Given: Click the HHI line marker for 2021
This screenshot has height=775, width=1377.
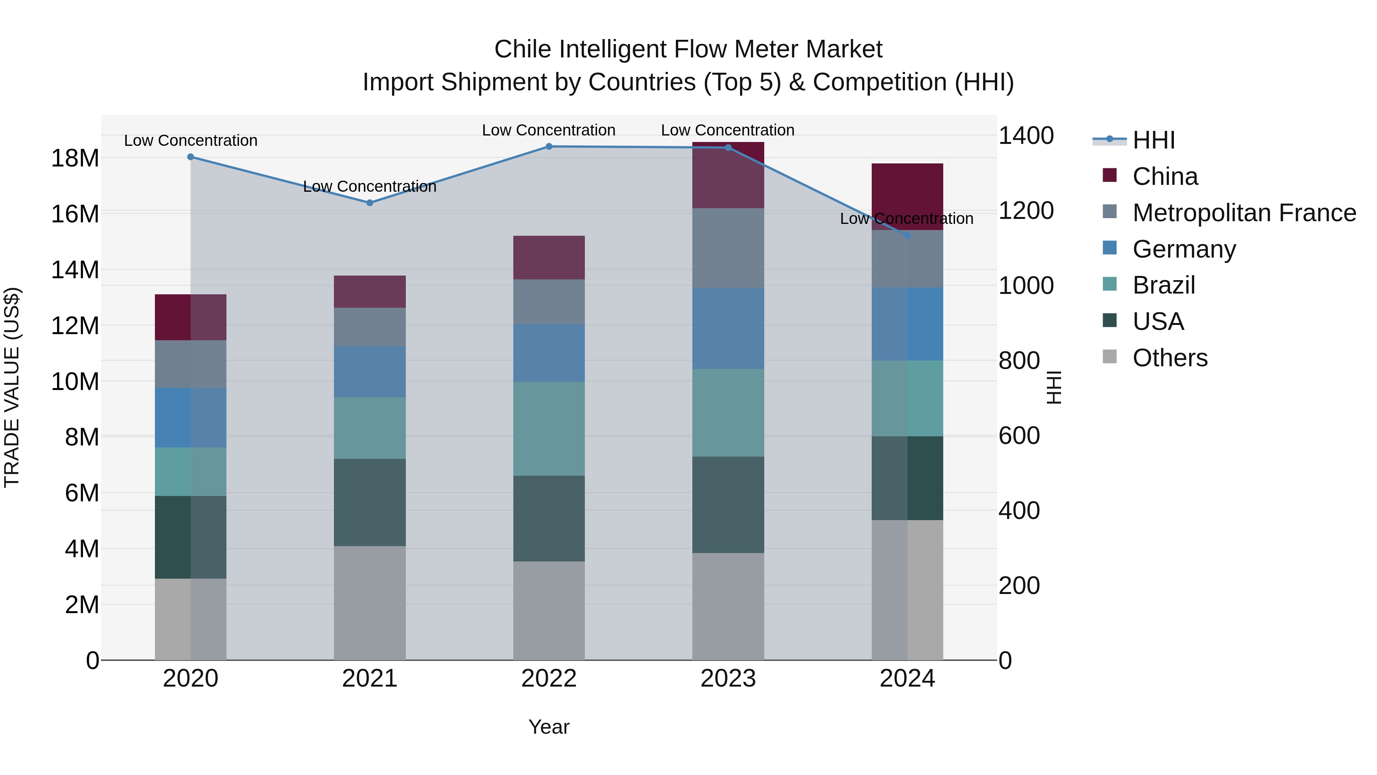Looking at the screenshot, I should tap(369, 203).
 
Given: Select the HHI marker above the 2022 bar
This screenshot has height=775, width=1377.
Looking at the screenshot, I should tap(549, 147).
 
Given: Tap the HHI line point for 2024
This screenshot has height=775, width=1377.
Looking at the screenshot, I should tap(907, 235).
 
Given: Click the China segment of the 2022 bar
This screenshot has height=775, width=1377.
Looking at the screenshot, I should tap(549, 257).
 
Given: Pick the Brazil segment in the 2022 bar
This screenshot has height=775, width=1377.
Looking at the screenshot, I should tap(549, 428).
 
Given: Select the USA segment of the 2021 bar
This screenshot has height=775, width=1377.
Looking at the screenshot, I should tap(369, 502).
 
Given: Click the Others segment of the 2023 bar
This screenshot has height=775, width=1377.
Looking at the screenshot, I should tap(728, 606).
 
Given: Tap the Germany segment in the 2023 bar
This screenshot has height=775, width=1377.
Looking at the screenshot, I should tap(728, 328).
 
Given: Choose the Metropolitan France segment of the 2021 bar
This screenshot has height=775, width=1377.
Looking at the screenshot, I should tap(369, 327).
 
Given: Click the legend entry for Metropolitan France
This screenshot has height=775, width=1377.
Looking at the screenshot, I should tap(1244, 213).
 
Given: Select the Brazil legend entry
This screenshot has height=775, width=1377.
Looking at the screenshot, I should tap(1163, 285).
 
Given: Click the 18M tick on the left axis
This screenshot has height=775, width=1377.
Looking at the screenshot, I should tap(75, 158).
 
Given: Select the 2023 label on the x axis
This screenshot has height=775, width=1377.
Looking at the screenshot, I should tap(728, 679).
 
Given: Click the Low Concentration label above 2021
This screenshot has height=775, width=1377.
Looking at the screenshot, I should tap(369, 187).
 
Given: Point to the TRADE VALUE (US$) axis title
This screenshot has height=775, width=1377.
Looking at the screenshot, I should tap(12, 387).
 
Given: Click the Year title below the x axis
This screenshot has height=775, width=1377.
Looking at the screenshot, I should tap(549, 727).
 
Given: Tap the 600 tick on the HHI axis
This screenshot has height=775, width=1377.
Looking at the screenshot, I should tap(1019, 436).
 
